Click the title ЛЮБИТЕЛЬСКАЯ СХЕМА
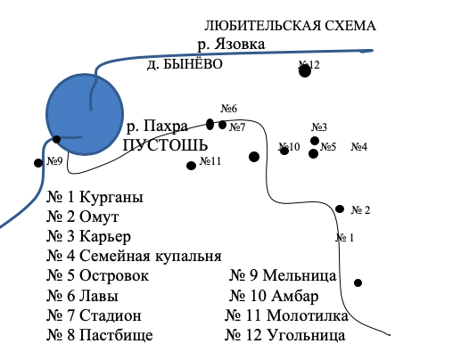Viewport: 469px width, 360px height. (290, 26)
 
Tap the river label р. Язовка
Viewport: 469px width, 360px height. (231, 44)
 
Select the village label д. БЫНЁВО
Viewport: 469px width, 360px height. (185, 64)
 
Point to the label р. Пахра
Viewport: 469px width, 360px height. (157, 126)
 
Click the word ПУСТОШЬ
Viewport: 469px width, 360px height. (166, 145)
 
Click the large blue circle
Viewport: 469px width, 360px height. (85, 114)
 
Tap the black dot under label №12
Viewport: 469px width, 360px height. (305, 71)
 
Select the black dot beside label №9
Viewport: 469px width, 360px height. (38, 163)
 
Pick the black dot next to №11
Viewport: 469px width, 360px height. (191, 166)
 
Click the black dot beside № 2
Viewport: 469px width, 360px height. (340, 209)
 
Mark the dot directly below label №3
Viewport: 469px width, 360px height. (315, 141)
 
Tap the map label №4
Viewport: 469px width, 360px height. (359, 147)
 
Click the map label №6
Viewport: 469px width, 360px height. (229, 109)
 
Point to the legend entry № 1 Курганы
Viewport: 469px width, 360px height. (95, 197)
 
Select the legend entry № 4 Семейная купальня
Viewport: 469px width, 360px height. (134, 257)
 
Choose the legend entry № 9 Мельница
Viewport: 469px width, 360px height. (283, 275)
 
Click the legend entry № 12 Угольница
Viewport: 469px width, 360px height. (285, 335)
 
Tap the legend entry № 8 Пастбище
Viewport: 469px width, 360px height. (100, 335)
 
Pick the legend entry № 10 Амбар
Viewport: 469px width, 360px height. (274, 296)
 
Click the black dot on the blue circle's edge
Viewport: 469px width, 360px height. (56, 139)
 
